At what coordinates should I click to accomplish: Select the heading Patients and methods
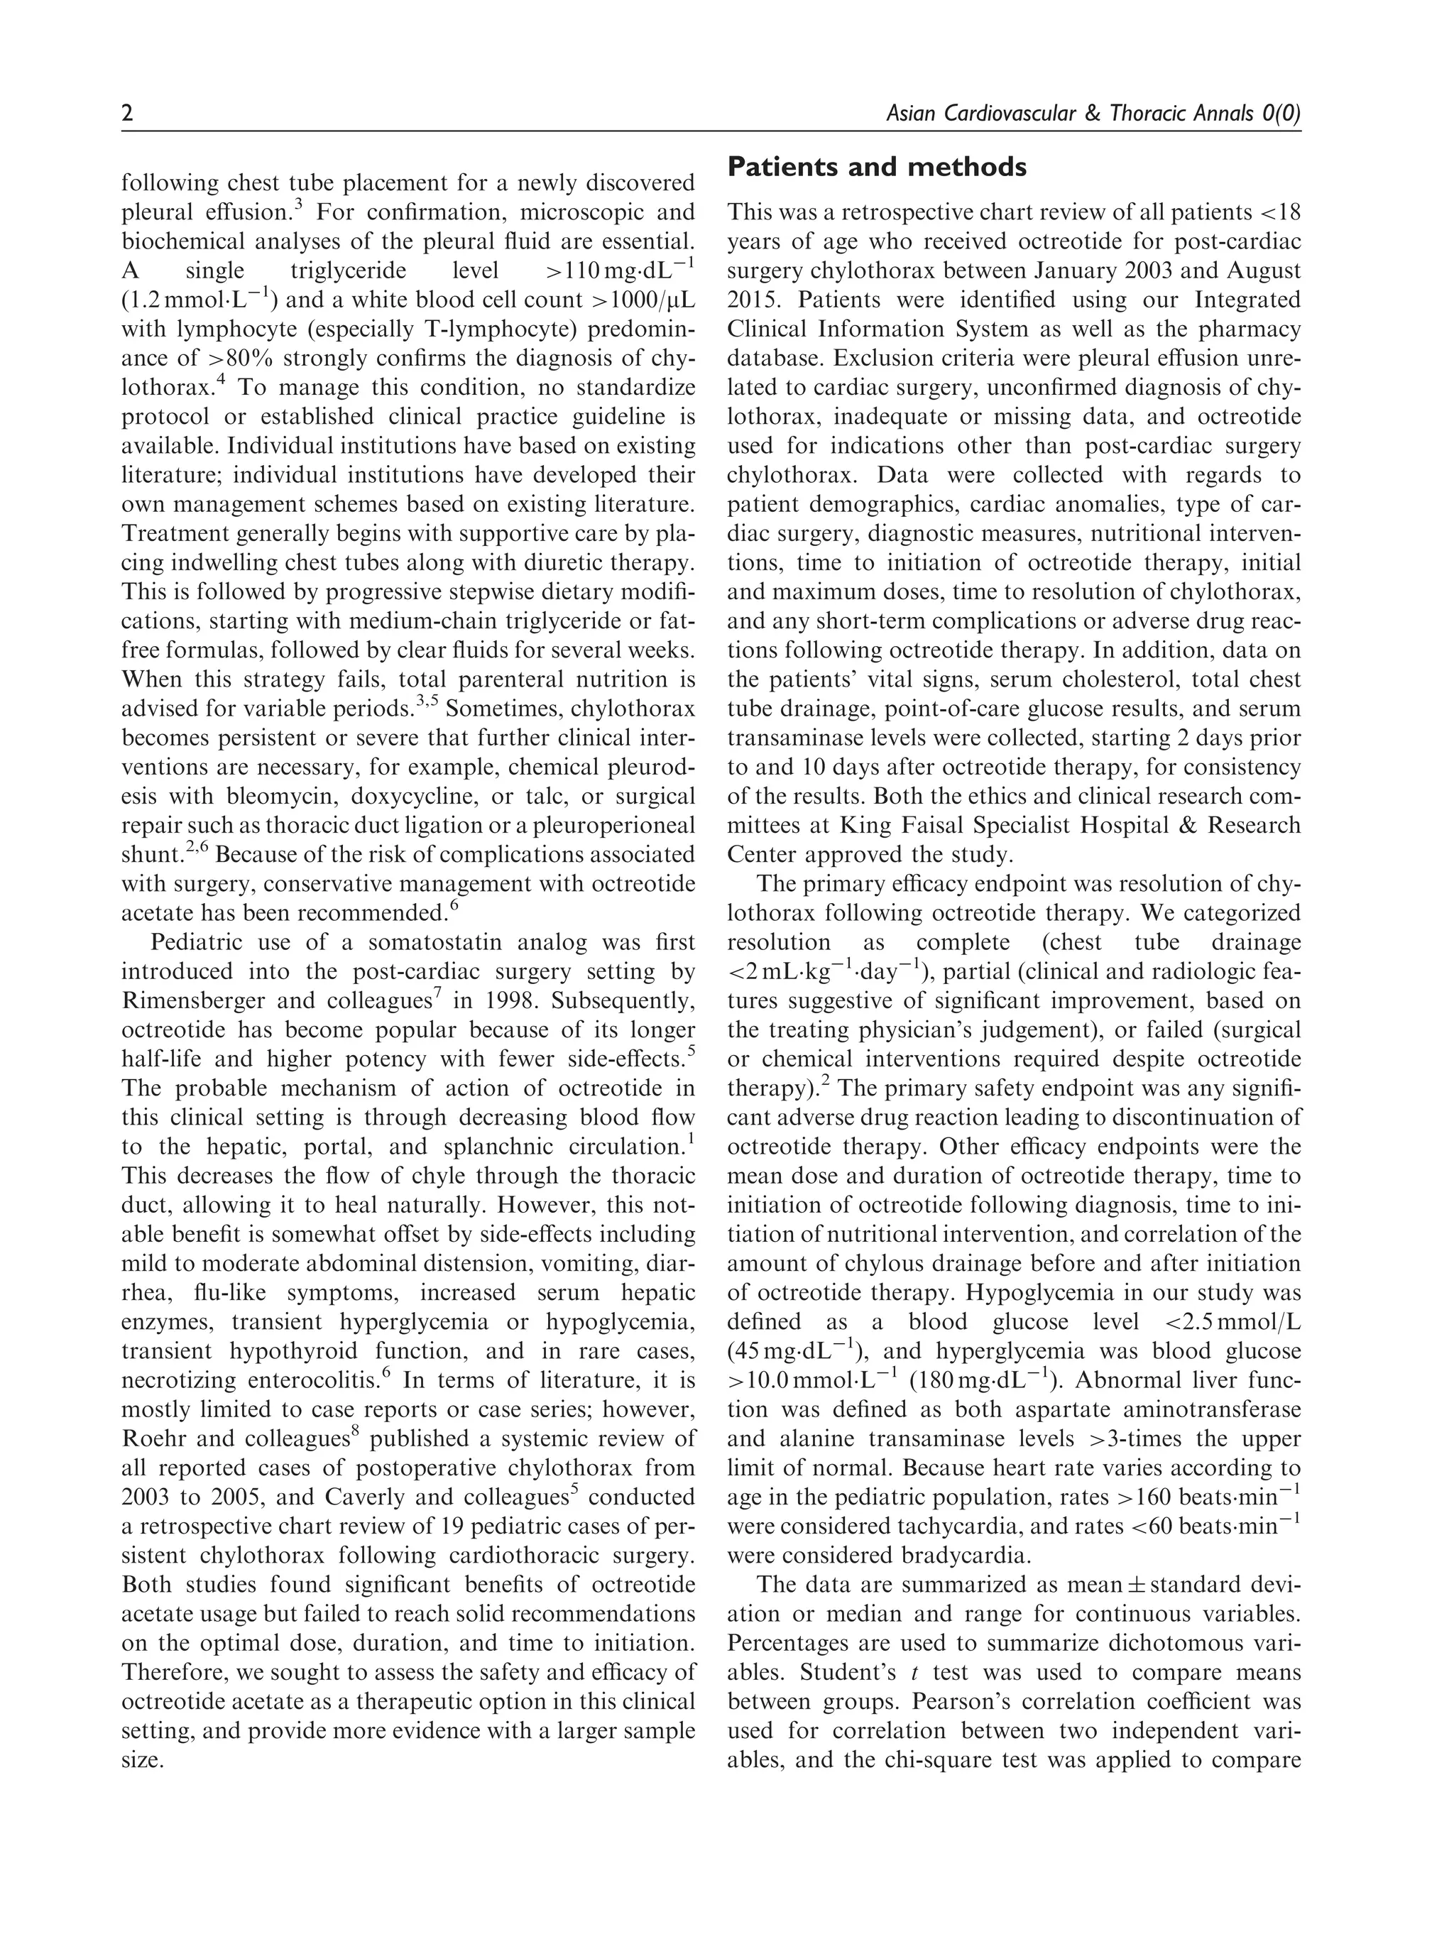[x=876, y=167]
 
